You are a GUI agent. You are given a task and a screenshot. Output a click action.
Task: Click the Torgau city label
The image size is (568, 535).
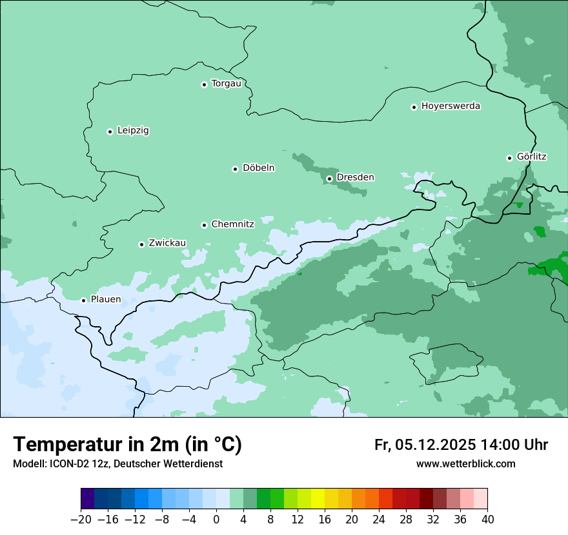point(226,84)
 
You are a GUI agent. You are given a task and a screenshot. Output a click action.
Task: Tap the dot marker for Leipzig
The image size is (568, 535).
point(110,131)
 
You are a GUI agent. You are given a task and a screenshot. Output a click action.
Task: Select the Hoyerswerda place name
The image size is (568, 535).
point(451,106)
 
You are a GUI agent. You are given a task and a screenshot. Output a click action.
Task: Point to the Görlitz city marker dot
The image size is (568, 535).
point(509,158)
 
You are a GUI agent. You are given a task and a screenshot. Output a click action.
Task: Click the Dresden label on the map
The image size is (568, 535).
point(355,177)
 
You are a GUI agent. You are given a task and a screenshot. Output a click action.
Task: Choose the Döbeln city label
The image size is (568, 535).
point(258,168)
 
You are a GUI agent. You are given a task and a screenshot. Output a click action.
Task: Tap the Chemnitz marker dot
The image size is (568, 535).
point(204,225)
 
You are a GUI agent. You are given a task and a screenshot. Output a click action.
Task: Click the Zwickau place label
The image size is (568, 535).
point(167,243)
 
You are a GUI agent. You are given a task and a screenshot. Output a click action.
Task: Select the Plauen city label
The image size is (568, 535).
point(105,300)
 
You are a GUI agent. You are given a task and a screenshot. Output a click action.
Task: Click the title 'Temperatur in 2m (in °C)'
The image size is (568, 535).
point(127,445)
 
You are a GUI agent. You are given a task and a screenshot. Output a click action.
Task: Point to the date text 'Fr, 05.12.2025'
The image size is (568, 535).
point(425,445)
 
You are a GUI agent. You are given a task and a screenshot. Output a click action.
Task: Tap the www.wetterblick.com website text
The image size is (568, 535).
point(465,463)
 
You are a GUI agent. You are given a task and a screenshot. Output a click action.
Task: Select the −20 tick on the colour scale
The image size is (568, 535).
point(81,520)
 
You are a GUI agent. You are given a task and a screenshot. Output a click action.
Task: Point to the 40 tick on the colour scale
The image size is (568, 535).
point(487,520)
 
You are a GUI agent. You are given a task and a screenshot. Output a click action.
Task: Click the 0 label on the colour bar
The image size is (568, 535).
point(216,520)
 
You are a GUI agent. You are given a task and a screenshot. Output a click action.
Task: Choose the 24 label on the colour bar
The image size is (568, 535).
point(379,520)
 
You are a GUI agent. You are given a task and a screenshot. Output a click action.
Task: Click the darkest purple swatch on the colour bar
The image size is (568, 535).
point(87,499)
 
